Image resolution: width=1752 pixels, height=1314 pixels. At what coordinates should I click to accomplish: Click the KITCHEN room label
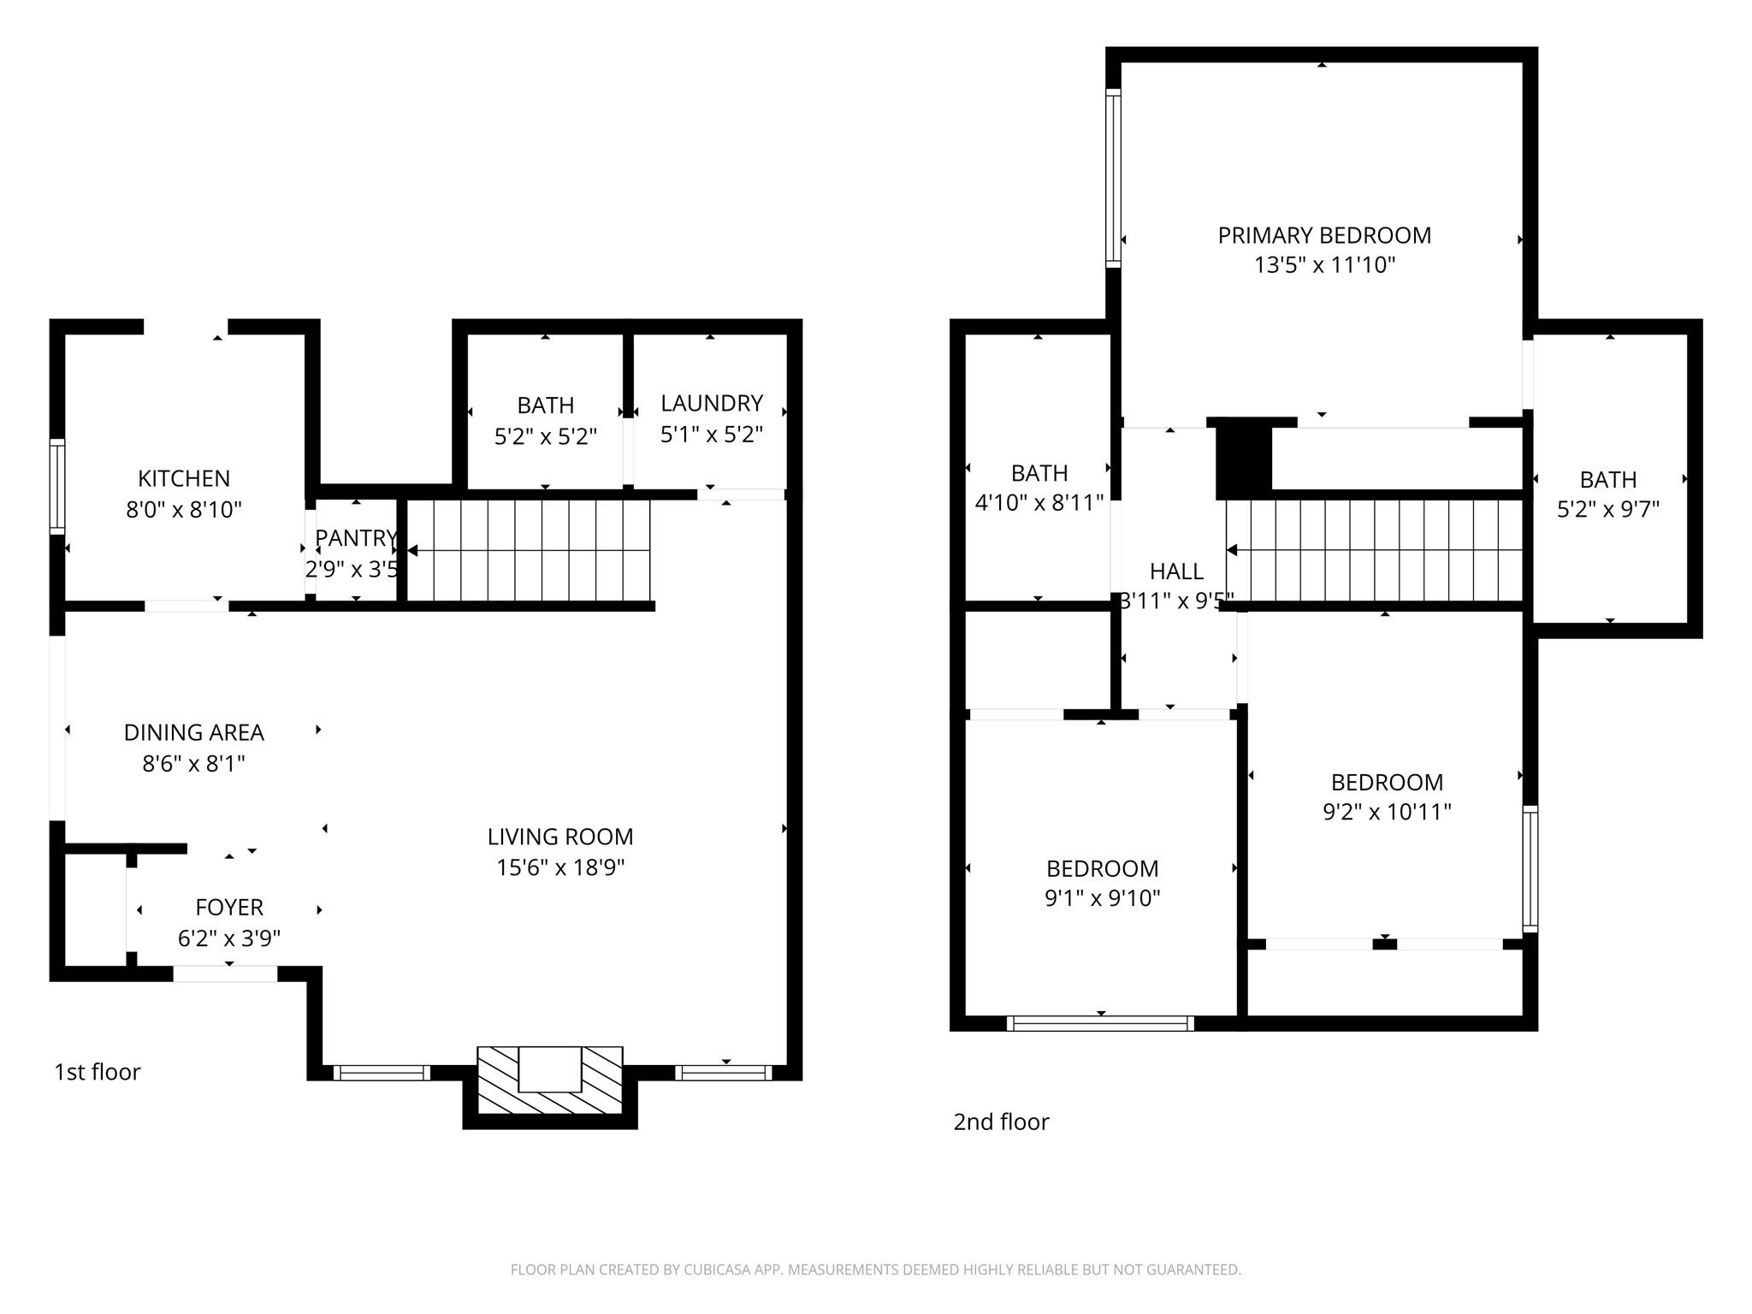184,478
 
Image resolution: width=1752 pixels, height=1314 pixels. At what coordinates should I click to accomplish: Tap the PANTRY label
355,538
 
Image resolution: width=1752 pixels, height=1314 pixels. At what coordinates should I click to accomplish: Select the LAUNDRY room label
711,403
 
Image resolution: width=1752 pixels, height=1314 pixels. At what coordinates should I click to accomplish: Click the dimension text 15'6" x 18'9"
560,867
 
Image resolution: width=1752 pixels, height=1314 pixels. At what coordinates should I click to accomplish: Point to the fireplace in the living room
550,1080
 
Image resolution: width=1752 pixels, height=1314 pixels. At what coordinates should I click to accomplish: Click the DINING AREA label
193,732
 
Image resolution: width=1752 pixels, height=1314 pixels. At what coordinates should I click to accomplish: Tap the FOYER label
228,907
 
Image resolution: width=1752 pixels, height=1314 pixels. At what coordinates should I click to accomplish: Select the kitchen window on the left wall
56,486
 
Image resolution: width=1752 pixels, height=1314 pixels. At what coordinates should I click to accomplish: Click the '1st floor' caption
97,1072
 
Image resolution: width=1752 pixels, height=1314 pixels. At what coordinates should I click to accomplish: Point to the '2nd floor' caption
1001,1122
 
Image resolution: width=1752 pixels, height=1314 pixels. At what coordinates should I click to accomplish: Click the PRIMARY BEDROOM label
1324,235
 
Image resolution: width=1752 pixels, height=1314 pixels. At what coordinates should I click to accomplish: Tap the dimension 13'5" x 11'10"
1324,265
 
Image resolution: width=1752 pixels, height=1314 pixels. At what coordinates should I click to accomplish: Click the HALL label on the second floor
1176,571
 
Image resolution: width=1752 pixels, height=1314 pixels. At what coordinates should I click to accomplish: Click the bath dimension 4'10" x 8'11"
1039,503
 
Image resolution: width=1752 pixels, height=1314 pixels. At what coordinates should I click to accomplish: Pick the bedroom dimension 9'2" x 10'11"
1387,812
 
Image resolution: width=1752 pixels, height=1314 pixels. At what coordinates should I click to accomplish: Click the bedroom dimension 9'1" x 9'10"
1102,898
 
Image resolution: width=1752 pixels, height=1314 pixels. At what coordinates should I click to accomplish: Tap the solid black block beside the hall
1243,458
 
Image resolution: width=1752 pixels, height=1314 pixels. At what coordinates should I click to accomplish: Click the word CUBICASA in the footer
717,1270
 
